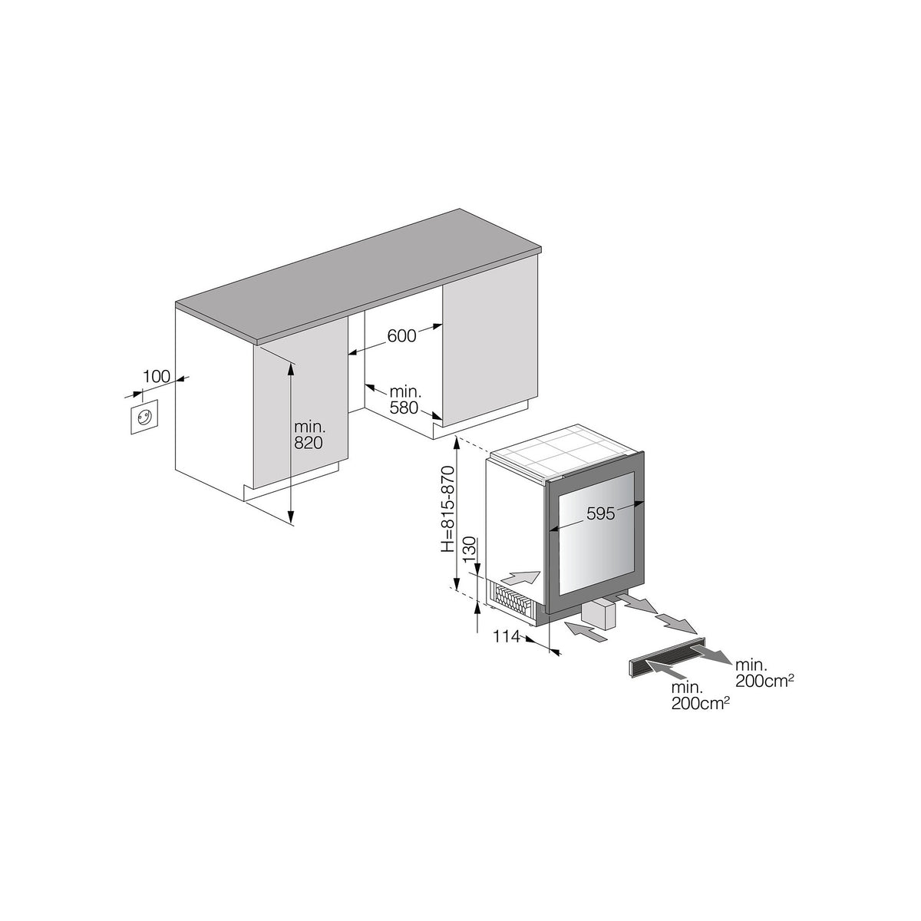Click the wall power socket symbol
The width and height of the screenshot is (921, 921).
tap(144, 418)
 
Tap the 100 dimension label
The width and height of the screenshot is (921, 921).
tap(157, 377)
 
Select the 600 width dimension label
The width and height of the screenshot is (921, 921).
tap(401, 336)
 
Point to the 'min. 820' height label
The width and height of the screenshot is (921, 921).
tap(309, 434)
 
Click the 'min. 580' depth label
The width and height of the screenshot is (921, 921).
tap(405, 400)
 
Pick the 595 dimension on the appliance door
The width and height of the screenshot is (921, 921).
tap(600, 513)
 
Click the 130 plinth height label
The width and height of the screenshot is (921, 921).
tap(470, 550)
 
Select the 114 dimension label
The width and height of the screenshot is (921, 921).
tap(506, 636)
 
